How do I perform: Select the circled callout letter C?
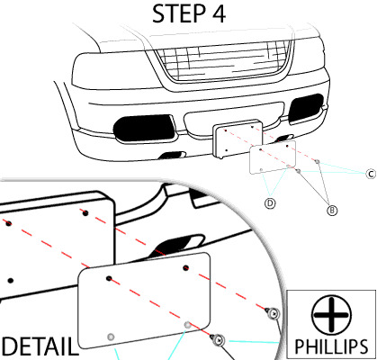pyautogui.click(x=369, y=174)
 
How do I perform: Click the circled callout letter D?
pyautogui.click(x=269, y=203)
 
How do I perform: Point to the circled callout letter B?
pyautogui.click(x=332, y=210)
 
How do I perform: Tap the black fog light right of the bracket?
pyautogui.click(x=305, y=110)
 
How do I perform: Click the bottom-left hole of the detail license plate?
pyautogui.click(x=111, y=336)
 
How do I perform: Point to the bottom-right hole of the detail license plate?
pyautogui.click(x=187, y=322)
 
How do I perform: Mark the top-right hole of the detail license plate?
pyautogui.click(x=185, y=267)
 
